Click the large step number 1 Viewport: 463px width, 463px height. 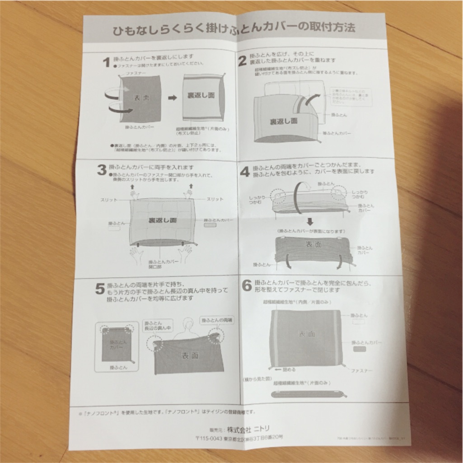106,61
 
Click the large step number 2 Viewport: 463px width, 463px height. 243,60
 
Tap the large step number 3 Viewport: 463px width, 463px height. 102,170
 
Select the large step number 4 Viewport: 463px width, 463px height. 244,172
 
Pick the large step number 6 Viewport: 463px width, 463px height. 247,285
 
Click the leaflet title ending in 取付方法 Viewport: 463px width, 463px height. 234,28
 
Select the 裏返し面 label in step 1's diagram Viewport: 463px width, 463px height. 201,96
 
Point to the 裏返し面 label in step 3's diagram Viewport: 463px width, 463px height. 163,221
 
